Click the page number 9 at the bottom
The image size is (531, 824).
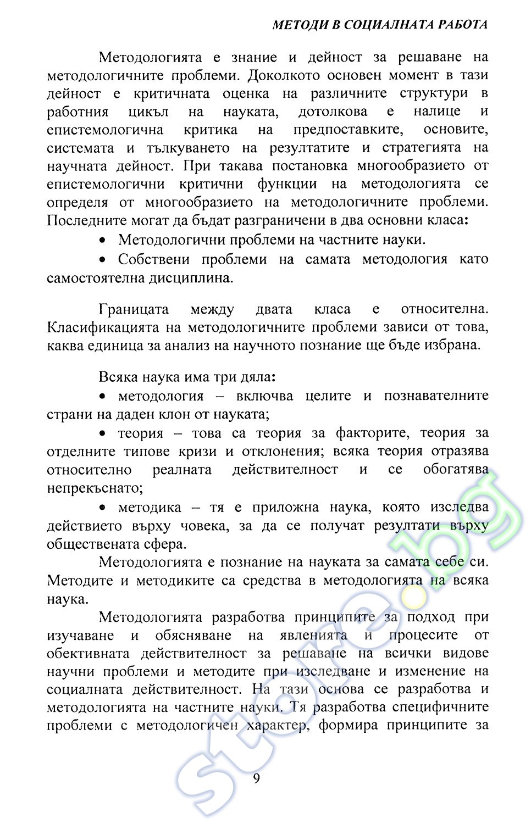pos(257,779)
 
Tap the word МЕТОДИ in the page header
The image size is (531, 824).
pos(297,25)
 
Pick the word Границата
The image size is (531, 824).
pos(134,310)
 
